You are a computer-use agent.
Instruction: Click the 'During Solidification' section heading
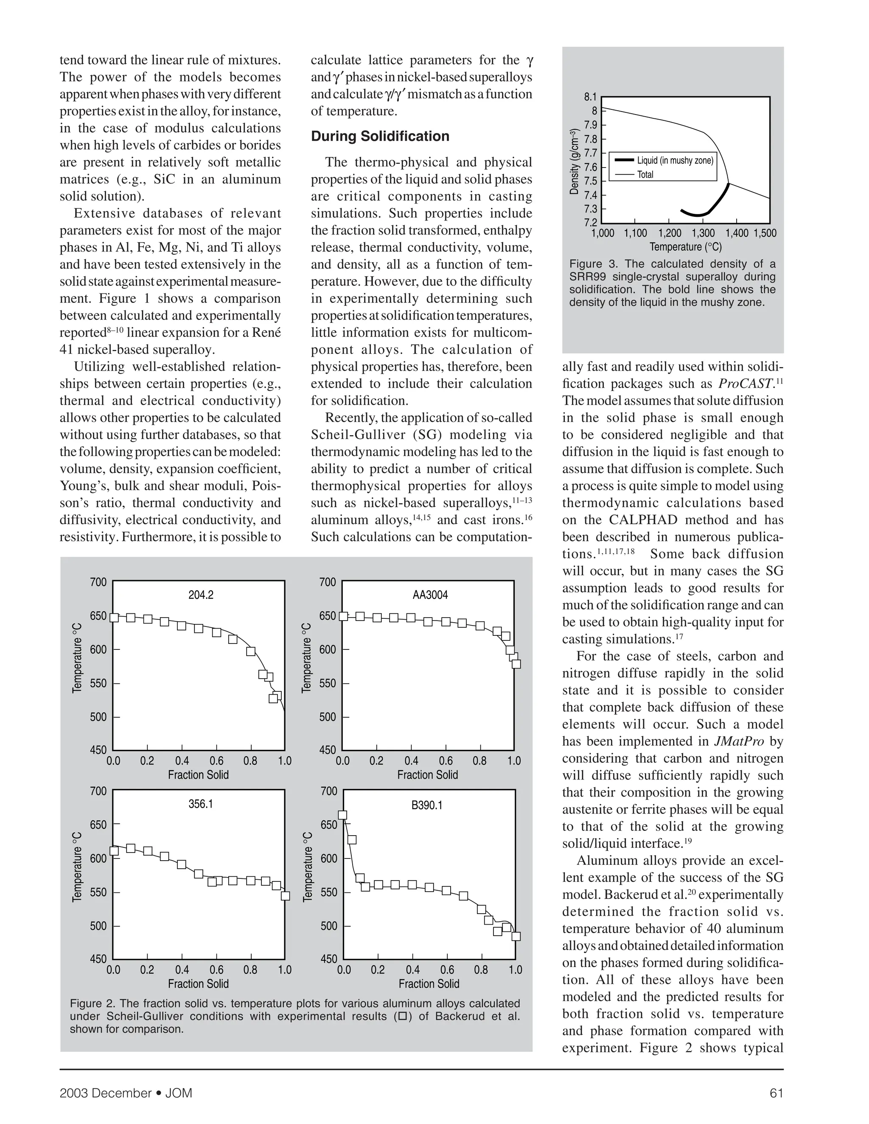(x=380, y=137)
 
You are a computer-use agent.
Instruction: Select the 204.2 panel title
(x=201, y=595)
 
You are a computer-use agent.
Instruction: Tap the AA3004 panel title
(x=430, y=595)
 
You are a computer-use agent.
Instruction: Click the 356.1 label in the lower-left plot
(x=201, y=804)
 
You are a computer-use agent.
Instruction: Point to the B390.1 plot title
(x=427, y=805)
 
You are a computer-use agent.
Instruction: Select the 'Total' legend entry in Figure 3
(x=645, y=174)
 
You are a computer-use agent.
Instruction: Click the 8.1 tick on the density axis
(x=590, y=97)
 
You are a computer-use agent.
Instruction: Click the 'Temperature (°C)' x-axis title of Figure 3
(x=686, y=247)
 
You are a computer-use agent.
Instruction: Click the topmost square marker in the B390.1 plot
(x=342, y=815)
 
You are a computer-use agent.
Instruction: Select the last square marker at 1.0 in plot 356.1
(x=285, y=896)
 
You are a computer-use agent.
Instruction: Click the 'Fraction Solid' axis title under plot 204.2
(x=198, y=775)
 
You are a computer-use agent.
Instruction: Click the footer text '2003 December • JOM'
(x=126, y=1093)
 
